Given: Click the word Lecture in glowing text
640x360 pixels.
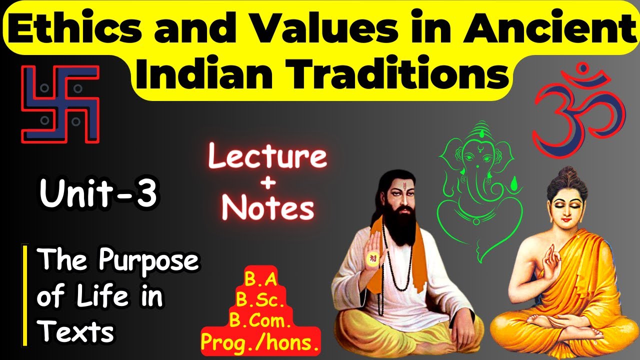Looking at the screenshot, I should pyautogui.click(x=267, y=157).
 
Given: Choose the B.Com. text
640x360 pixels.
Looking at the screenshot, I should pyautogui.click(x=260, y=321).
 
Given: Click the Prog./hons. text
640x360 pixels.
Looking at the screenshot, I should pyautogui.click(x=260, y=342).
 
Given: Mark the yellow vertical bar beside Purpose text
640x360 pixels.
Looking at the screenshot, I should pyautogui.click(x=23, y=295).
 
